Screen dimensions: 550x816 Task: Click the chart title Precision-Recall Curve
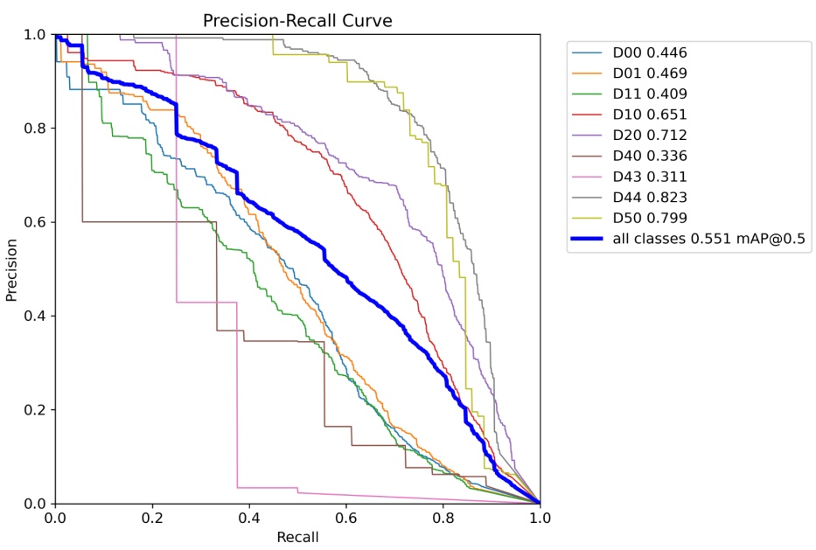296,19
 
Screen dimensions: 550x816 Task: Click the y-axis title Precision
12,268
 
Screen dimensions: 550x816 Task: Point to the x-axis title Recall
297,536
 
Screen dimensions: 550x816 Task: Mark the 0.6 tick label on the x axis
345,519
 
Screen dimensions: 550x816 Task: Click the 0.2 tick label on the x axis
152,519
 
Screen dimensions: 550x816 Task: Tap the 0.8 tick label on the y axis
36,129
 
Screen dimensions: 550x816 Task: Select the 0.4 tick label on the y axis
36,316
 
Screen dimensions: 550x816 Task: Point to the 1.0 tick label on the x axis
540,519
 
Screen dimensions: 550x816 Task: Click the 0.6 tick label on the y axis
36,222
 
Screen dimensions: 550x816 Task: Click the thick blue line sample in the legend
589,239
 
